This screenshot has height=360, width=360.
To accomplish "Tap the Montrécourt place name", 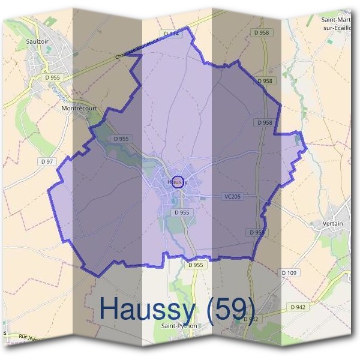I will point(79,109).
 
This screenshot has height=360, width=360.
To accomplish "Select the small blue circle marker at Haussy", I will point(178,181).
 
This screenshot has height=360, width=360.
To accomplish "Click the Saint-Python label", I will point(179,326).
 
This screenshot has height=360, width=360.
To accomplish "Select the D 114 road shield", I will point(172,34).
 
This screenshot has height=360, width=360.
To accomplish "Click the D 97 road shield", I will point(47,162).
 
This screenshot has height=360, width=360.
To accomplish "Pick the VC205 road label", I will point(232,196).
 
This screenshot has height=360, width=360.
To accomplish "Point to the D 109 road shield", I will point(289,273).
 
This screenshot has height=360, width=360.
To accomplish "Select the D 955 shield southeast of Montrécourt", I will point(121,139).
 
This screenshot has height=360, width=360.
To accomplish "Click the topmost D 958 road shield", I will point(262,32).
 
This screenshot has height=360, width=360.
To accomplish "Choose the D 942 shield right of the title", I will point(298,307).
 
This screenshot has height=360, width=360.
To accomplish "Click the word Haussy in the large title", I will point(147,308).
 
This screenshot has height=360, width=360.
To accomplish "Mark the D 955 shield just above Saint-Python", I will point(196,265).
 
